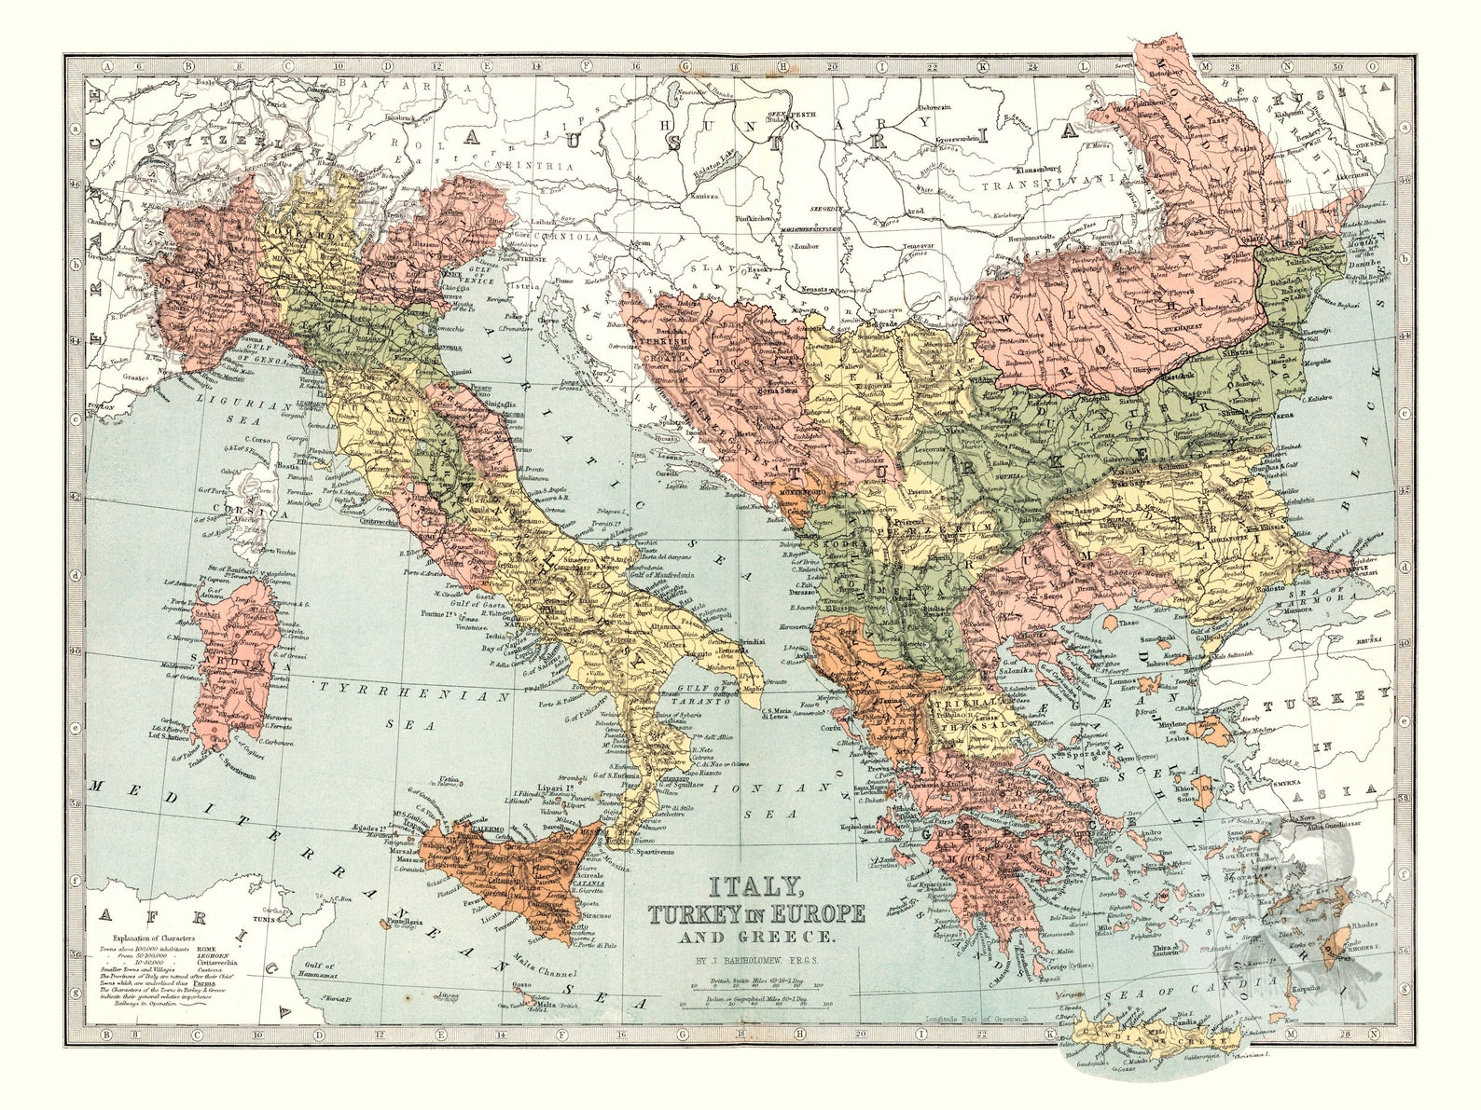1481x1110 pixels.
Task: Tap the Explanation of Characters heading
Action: [155, 938]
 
